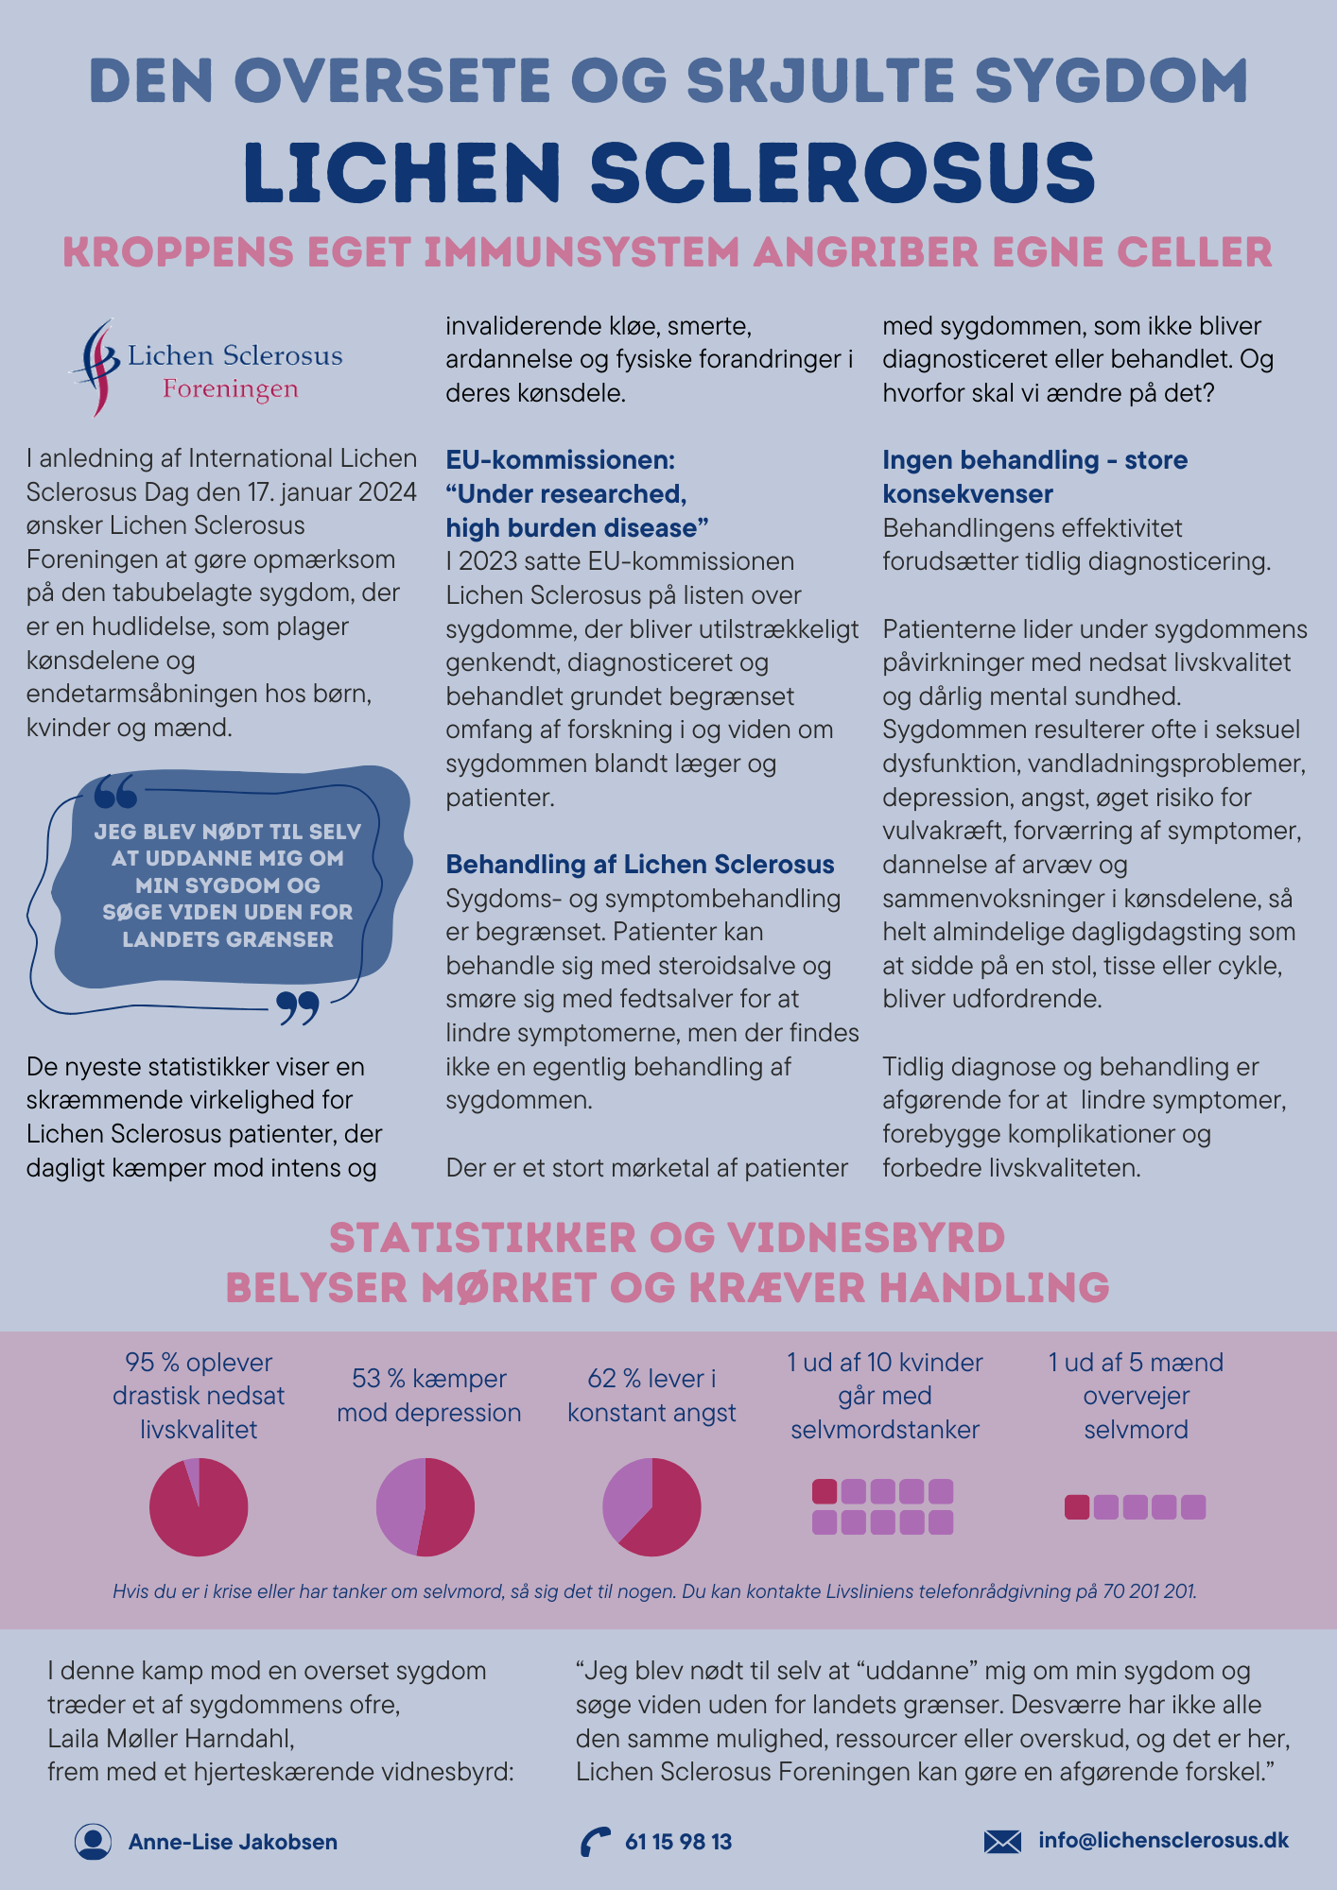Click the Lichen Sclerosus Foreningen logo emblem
coord(95,367)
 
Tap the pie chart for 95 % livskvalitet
coord(199,1506)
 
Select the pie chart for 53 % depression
coord(425,1506)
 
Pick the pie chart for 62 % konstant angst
coord(651,1506)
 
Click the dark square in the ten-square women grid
coord(825,1491)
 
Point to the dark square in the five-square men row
coord(1077,1506)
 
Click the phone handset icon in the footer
coord(595,1842)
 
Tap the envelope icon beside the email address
coord(1002,1841)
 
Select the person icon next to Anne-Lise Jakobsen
coord(93,1841)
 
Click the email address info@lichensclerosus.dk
coord(1163,1840)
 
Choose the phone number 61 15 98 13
coord(678,1841)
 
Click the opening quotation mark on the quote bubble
coord(115,791)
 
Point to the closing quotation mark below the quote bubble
coord(298,1008)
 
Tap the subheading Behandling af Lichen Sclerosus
coord(640,864)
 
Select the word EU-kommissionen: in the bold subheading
coord(561,460)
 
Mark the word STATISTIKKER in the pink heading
coord(482,1238)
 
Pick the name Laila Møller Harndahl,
coord(171,1738)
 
